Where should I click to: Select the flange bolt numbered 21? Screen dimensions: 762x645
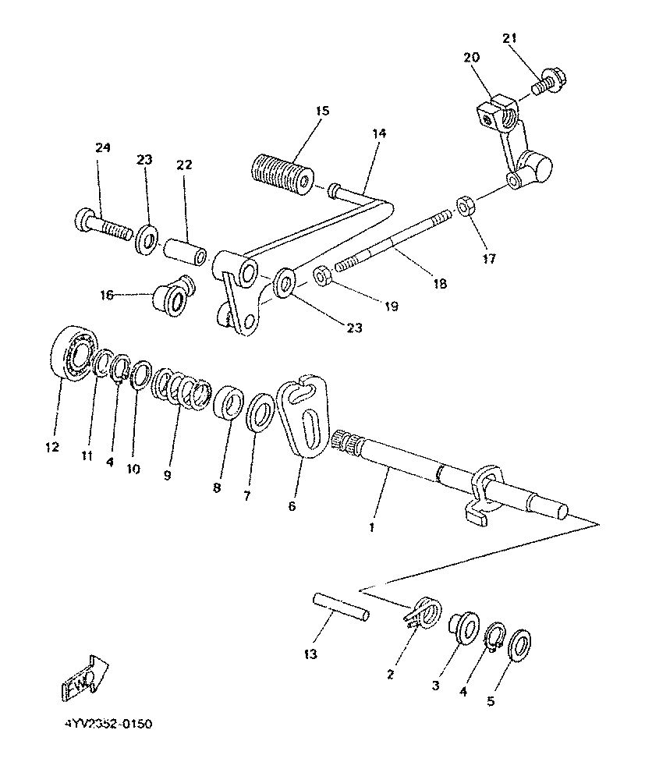pyautogui.click(x=551, y=80)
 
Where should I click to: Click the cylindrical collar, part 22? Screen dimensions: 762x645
pyautogui.click(x=185, y=254)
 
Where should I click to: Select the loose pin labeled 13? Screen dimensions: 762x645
pyautogui.click(x=338, y=607)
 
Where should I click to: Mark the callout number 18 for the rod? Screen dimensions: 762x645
pyautogui.click(x=441, y=285)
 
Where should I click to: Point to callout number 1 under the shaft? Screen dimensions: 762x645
pyautogui.click(x=371, y=528)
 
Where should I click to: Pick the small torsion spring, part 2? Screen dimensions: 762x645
pyautogui.click(x=424, y=611)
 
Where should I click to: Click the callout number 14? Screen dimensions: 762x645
pyautogui.click(x=378, y=134)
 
